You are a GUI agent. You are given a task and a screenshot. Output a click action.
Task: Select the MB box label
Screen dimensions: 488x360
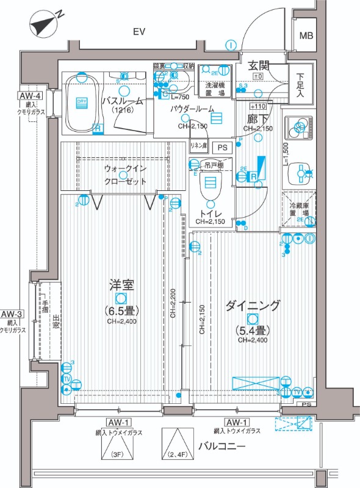[x=305, y=35]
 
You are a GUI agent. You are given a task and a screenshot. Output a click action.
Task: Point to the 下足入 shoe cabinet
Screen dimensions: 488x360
[x=300, y=85]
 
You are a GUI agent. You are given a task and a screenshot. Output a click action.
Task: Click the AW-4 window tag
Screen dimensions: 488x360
[x=29, y=96]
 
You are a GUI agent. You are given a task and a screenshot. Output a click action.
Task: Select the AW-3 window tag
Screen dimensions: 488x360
[x=12, y=315]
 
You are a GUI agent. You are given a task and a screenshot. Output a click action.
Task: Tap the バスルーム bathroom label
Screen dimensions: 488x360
[x=122, y=101]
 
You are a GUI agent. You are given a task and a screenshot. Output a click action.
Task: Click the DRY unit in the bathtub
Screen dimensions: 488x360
[x=81, y=102]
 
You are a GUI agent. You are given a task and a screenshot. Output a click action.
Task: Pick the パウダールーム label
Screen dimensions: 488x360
[x=192, y=109]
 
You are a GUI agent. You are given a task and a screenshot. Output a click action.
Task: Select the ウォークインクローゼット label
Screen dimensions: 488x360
[x=125, y=174]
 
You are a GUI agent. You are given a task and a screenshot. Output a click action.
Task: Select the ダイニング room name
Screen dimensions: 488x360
[x=252, y=306]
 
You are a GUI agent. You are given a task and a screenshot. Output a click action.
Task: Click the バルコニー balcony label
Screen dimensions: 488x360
[x=221, y=447]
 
